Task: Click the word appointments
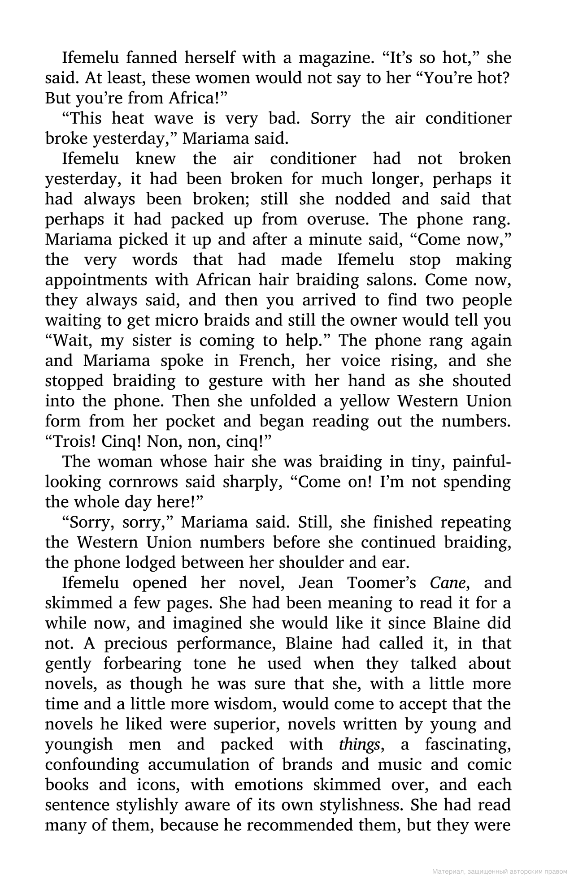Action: tap(96, 280)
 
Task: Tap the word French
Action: tap(266, 361)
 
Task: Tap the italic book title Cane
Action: tap(450, 583)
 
